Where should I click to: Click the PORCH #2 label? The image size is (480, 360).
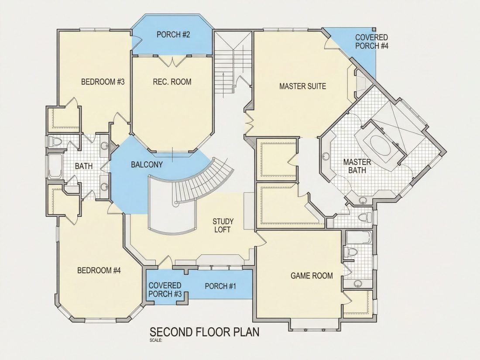(x=173, y=34)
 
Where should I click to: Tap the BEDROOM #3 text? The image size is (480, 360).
(x=103, y=82)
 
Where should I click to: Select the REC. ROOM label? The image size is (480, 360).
(x=172, y=82)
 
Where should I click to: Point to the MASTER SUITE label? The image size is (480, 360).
(x=303, y=86)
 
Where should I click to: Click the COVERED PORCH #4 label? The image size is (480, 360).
(x=372, y=41)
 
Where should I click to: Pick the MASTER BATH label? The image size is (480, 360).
(x=357, y=166)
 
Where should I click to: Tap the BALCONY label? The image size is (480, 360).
(x=147, y=165)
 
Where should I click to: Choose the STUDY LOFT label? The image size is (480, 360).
(x=223, y=225)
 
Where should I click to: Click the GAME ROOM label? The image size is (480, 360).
(x=312, y=276)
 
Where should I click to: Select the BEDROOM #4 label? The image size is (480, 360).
(x=99, y=271)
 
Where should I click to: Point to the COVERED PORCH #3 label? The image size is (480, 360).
(x=165, y=290)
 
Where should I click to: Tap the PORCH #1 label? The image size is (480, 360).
(x=220, y=286)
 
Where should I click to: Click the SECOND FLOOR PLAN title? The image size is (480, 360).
(x=205, y=332)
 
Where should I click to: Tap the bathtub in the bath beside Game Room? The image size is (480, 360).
(x=359, y=238)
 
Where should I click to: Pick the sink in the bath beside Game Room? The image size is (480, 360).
(x=357, y=284)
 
